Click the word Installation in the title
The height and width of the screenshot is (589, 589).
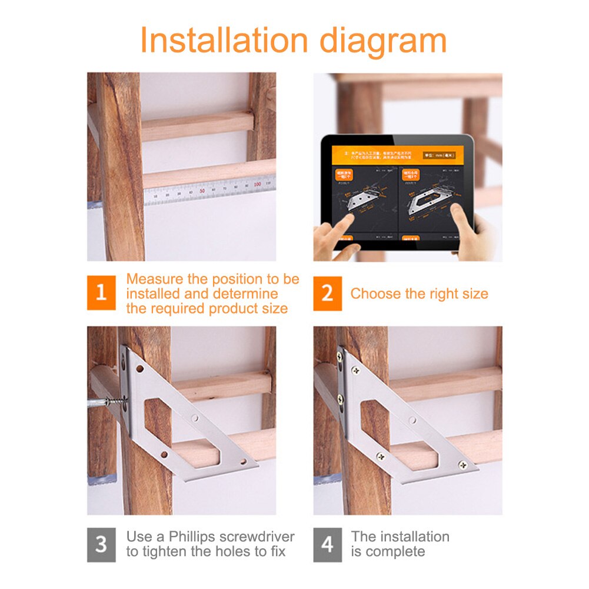pos(224,41)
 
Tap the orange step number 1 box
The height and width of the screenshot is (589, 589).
pos(101,292)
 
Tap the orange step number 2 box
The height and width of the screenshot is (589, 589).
pos(327,292)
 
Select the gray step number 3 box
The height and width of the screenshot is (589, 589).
pos(101,544)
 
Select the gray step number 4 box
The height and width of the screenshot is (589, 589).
pos(327,544)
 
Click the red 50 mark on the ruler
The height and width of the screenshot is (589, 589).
pos(202,190)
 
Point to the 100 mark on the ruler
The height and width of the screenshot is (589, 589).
pos(256,184)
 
